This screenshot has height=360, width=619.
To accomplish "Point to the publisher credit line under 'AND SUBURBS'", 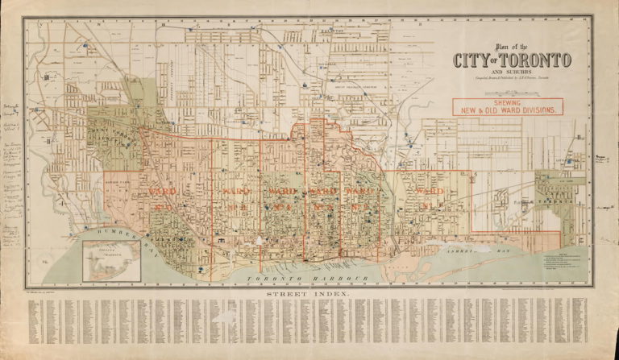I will [510, 79].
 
